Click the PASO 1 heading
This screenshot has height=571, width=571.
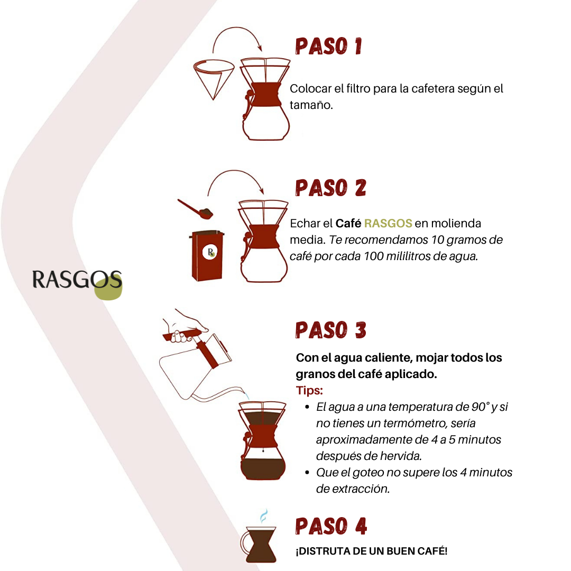[328, 46]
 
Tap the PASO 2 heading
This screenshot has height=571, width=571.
[330, 188]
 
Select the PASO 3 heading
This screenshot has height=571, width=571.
[330, 330]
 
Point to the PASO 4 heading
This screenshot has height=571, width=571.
[331, 526]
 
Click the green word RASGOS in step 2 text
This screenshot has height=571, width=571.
[388, 224]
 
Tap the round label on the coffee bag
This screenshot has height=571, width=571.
[210, 252]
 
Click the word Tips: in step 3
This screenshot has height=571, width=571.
[309, 391]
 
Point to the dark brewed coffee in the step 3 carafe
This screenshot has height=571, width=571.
[262, 468]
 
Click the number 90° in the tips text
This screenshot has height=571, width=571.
[479, 407]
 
